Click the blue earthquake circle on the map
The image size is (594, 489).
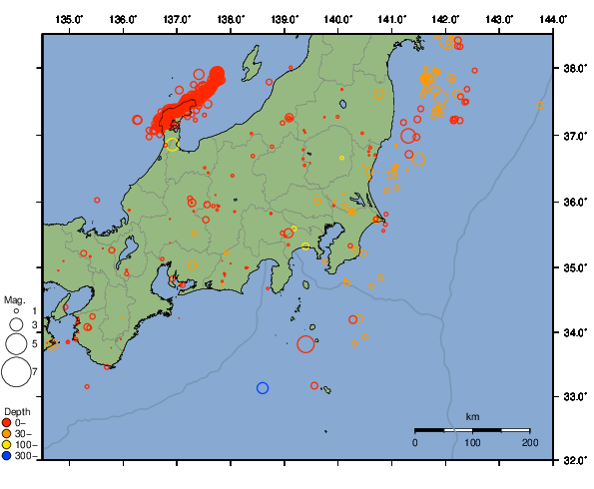[263, 387]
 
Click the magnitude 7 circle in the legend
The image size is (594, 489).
[16, 372]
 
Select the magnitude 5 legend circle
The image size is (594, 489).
[16, 344]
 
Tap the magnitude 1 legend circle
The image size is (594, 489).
[16, 312]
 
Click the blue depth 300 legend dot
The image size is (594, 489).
[7, 456]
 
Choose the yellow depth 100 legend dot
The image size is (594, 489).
[7, 444]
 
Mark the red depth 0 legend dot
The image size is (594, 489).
[7, 422]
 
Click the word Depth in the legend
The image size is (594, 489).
[16, 411]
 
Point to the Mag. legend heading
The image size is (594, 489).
[14, 299]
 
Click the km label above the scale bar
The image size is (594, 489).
[472, 416]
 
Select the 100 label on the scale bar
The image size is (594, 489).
[472, 441]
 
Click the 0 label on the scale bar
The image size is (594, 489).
[415, 441]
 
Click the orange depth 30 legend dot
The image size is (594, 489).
[7, 433]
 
